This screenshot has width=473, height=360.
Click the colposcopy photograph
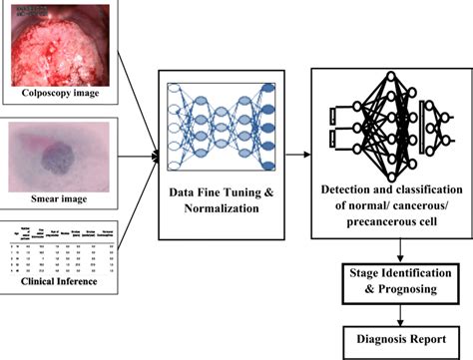[x=61, y=44]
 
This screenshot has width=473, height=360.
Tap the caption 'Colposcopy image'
[x=61, y=97]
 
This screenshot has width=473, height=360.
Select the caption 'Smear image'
[x=61, y=199]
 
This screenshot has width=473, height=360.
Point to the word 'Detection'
[x=344, y=190]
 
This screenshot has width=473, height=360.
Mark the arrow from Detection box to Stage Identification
[x=397, y=248]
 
